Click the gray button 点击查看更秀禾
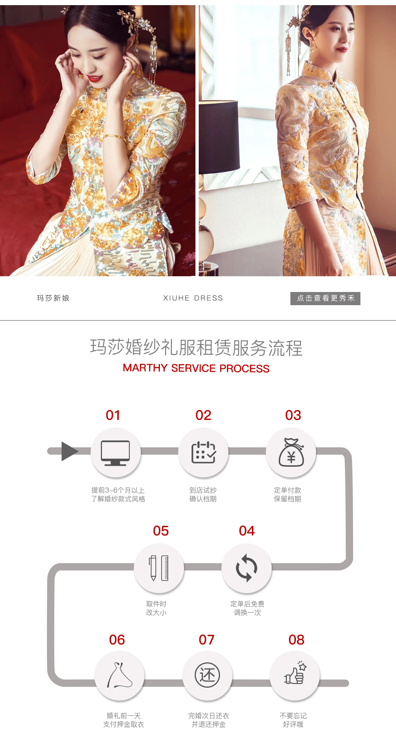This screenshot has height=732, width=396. (325, 298)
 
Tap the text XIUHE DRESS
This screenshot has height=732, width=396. (193, 298)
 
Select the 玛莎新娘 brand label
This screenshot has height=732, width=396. (53, 298)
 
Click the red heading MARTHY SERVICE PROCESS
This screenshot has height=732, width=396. (196, 368)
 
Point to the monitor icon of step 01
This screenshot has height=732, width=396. (115, 453)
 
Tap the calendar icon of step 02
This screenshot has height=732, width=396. (203, 452)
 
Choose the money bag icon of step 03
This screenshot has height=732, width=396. (291, 452)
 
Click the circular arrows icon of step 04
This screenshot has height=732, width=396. (246, 568)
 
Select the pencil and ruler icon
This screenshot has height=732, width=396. (159, 568)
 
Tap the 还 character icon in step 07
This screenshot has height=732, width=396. (207, 675)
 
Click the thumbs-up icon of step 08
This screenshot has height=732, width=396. (295, 673)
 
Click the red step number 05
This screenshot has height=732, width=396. (161, 531)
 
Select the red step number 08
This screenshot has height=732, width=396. (296, 640)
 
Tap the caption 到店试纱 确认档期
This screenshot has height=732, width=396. (203, 495)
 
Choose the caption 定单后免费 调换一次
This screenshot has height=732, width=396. (247, 608)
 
